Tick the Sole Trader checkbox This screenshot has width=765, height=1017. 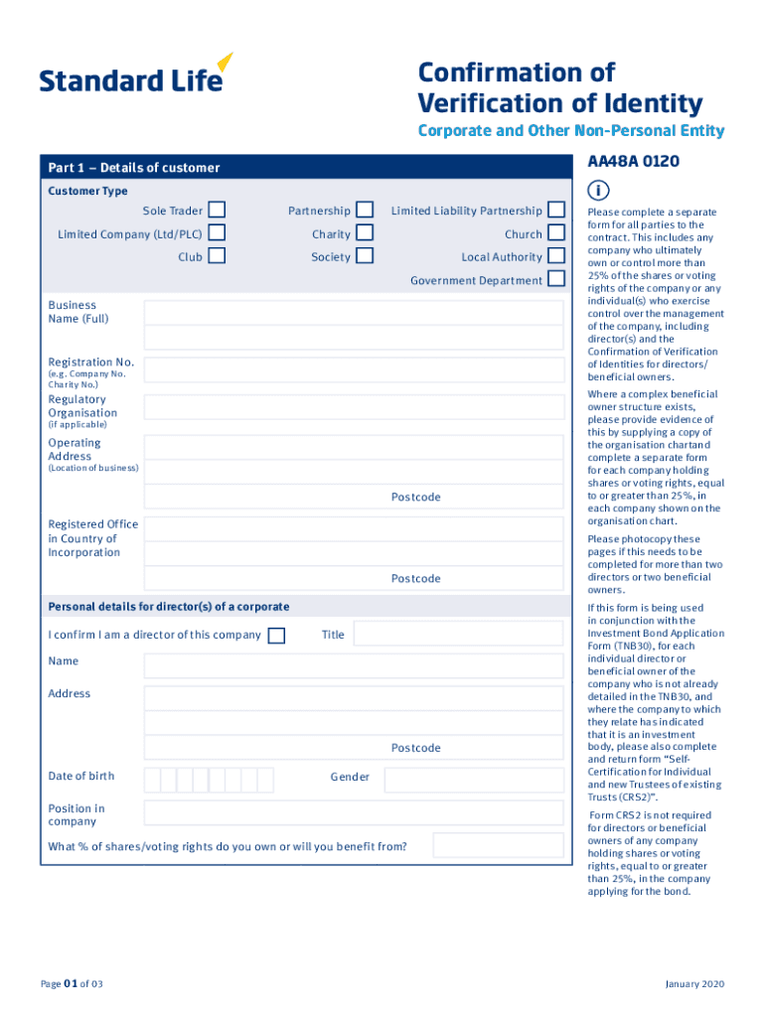point(217,211)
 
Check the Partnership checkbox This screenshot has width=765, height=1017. point(365,211)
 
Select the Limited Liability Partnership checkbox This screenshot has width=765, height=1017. point(556,211)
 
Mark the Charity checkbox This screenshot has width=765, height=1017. point(365,233)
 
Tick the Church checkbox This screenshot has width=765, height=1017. point(556,233)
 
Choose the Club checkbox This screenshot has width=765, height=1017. point(217,256)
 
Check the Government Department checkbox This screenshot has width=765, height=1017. point(556,279)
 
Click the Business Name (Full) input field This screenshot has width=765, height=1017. point(355,313)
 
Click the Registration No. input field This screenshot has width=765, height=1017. point(355,370)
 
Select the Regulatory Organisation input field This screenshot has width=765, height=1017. point(355,407)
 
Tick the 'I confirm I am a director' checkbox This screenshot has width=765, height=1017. point(277,636)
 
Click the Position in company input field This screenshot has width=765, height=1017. point(355,813)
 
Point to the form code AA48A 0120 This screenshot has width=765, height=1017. point(633,161)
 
